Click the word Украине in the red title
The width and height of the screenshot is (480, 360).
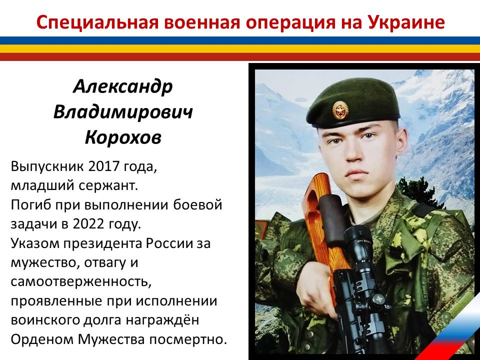[x=406, y=22]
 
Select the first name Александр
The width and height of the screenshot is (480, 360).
[x=123, y=86]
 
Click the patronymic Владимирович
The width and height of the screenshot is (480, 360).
[x=123, y=112]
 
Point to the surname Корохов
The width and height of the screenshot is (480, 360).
[x=123, y=137]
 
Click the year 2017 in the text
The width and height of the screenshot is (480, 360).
[x=103, y=166]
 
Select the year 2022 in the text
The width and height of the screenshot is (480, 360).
[x=88, y=224]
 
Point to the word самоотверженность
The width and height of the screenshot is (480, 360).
[x=81, y=281]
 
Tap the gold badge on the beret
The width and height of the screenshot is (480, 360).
[x=340, y=110]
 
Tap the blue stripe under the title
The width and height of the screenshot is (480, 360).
[x=240, y=40]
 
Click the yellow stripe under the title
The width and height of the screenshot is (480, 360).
[x=240, y=48]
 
